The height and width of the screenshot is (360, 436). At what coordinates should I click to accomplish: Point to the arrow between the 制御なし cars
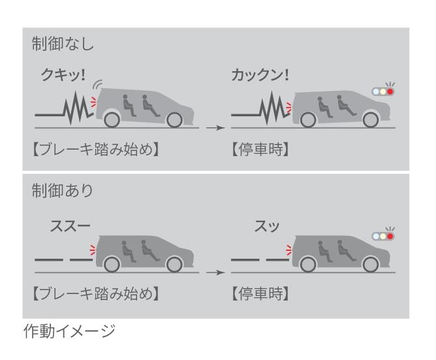[211, 126]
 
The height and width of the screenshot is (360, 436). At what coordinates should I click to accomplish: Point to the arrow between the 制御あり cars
[211, 270]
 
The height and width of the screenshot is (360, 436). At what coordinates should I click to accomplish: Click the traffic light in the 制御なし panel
[382, 92]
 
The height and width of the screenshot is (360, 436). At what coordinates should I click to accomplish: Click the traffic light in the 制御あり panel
[382, 238]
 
